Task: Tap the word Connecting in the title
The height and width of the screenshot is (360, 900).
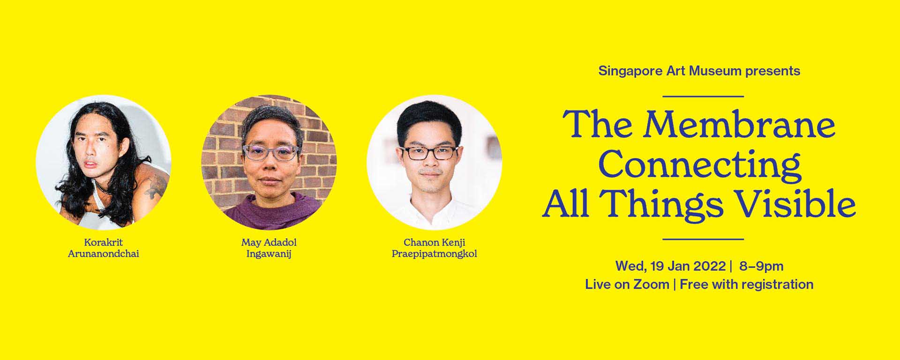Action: (x=699, y=165)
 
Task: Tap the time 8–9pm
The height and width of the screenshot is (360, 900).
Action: (x=761, y=266)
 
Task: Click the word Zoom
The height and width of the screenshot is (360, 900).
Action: (x=651, y=285)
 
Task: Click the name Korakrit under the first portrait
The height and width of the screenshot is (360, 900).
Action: (x=104, y=242)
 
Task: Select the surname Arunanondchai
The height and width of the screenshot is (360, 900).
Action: (x=104, y=254)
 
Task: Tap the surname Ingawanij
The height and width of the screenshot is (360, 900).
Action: (x=269, y=255)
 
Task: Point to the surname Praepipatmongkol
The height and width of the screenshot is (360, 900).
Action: (x=435, y=254)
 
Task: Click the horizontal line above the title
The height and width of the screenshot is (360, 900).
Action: (x=703, y=97)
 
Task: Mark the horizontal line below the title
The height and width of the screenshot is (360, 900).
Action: (x=703, y=239)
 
